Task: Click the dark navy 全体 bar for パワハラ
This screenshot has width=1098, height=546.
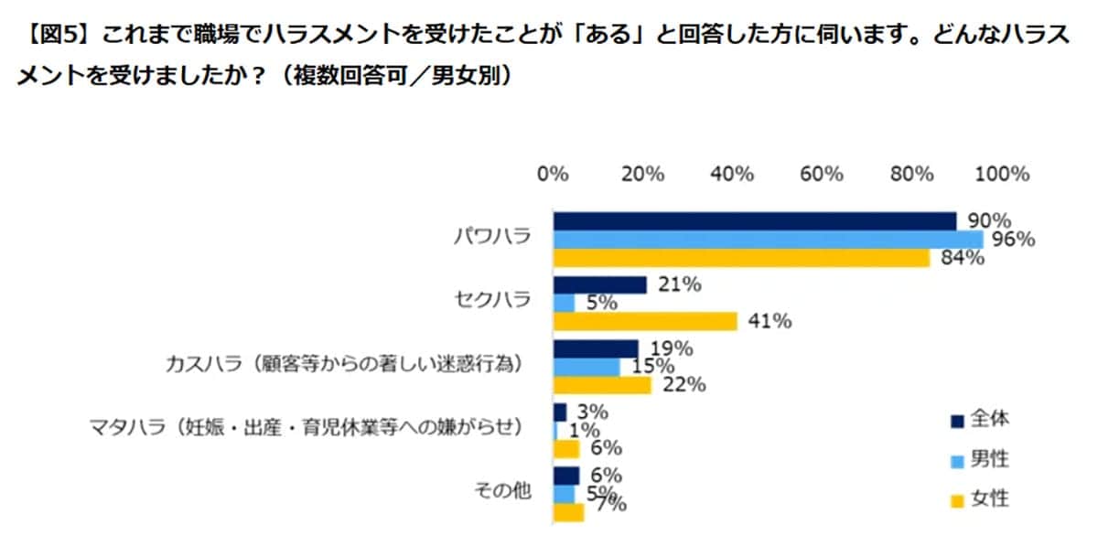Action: click(x=755, y=221)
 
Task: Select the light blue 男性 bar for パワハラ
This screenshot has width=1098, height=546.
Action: click(x=769, y=240)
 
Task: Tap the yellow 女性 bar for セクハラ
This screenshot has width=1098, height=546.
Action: click(x=645, y=321)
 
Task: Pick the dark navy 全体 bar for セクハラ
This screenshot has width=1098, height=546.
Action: click(x=600, y=285)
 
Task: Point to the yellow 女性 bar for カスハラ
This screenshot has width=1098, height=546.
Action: click(x=602, y=384)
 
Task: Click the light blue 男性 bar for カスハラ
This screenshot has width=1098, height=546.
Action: click(x=587, y=367)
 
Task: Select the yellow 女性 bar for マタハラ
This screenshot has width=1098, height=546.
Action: click(x=566, y=448)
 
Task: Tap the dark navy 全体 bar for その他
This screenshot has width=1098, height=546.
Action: click(x=566, y=476)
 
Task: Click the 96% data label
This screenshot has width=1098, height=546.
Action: click(x=1013, y=240)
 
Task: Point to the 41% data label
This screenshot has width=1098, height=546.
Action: click(x=770, y=321)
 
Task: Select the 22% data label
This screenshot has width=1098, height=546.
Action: click(x=683, y=385)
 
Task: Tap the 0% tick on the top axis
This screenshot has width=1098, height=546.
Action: click(x=554, y=174)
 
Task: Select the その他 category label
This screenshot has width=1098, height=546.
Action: click(x=502, y=491)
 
